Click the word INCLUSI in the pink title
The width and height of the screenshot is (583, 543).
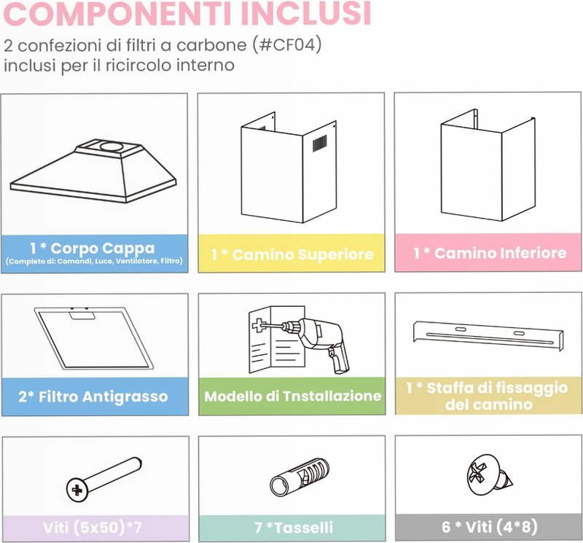pyautogui.click(x=306, y=13)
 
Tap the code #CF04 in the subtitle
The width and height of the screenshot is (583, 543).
pyautogui.click(x=286, y=45)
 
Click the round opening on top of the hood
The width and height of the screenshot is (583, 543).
pyautogui.click(x=111, y=147)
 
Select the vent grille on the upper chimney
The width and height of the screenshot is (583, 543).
pyautogui.click(x=319, y=143)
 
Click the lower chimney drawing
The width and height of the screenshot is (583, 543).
pyautogui.click(x=488, y=165)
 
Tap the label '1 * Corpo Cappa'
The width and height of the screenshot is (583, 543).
pyautogui.click(x=93, y=248)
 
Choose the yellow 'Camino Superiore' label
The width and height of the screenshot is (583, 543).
pyautogui.click(x=292, y=254)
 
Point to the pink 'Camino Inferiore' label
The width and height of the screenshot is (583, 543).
pyautogui.click(x=490, y=253)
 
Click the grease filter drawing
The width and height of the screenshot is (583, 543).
pyautogui.click(x=94, y=339)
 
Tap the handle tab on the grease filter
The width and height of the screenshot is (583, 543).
pyautogui.click(x=82, y=316)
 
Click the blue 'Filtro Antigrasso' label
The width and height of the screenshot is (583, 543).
pyautogui.click(x=93, y=396)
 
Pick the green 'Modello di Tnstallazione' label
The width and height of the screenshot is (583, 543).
pyautogui.click(x=293, y=396)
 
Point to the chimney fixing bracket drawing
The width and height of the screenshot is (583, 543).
pyautogui.click(x=488, y=336)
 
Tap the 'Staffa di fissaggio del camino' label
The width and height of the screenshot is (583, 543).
pyautogui.click(x=487, y=396)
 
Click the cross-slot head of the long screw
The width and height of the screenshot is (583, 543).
pyautogui.click(x=77, y=490)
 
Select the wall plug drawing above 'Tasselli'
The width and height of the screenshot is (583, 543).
pyautogui.click(x=300, y=477)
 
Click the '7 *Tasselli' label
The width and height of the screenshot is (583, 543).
pyautogui.click(x=294, y=528)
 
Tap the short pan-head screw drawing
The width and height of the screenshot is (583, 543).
pyautogui.click(x=489, y=474)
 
